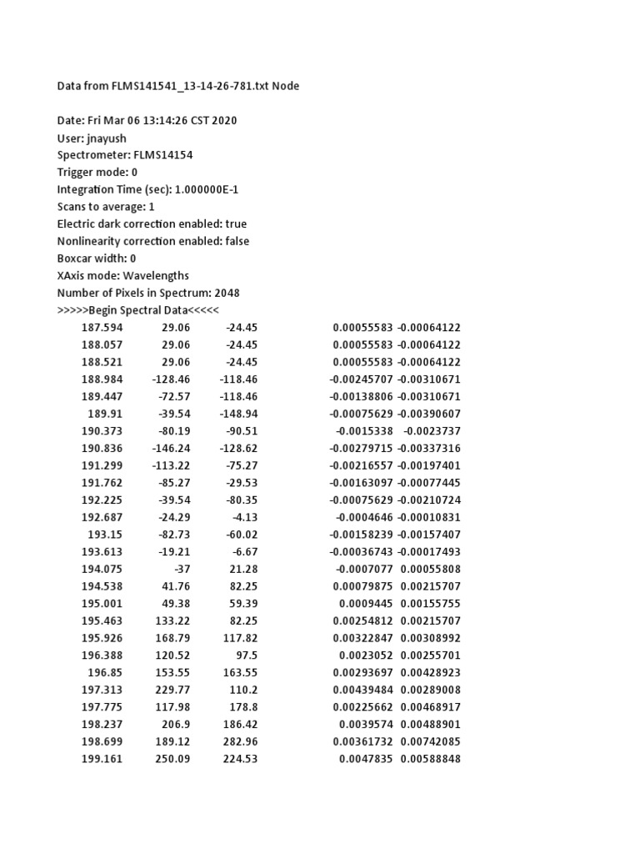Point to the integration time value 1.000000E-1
point(212,189)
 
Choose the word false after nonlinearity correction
point(235,241)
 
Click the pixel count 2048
point(227,293)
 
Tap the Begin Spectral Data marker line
point(137,310)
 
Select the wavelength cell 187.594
point(102,328)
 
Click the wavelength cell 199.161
point(102,759)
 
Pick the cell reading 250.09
point(172,759)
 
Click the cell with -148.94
point(238,414)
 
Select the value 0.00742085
point(431,741)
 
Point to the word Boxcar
point(76,259)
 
